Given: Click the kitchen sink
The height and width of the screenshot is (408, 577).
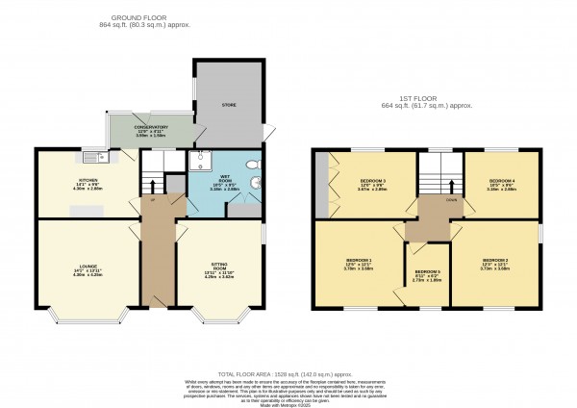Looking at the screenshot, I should click(x=93, y=157).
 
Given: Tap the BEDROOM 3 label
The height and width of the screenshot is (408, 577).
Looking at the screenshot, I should click(x=373, y=182).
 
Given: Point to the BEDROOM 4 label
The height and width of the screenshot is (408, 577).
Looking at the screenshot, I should click(x=502, y=181).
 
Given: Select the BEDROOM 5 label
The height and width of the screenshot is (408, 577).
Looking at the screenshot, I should click(x=427, y=273).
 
